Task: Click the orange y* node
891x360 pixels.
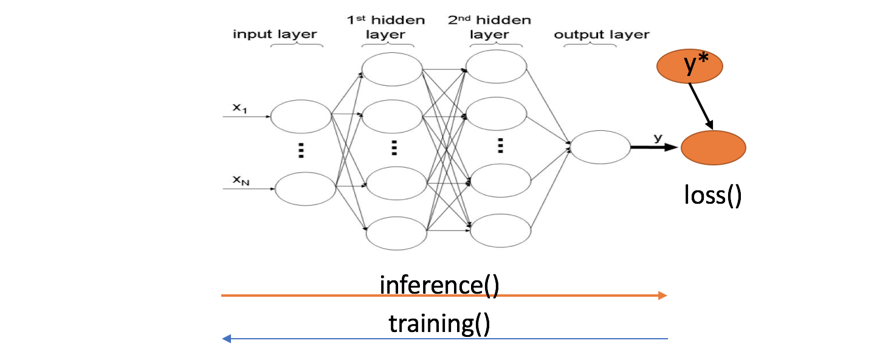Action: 690,66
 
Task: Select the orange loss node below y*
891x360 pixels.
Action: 713,148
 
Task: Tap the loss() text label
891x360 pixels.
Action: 712,196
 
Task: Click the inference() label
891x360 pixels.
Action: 439,285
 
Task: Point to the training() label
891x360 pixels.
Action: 439,323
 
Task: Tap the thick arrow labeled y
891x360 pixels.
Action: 653,147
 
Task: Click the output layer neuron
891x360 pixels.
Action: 600,147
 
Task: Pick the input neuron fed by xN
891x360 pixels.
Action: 305,188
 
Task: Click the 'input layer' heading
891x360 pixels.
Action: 275,34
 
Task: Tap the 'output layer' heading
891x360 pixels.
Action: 601,34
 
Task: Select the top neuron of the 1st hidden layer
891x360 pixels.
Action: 391,69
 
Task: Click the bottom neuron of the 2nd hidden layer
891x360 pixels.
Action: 500,230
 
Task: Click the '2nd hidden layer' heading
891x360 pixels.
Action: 489,27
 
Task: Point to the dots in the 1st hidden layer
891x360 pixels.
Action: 394,147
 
